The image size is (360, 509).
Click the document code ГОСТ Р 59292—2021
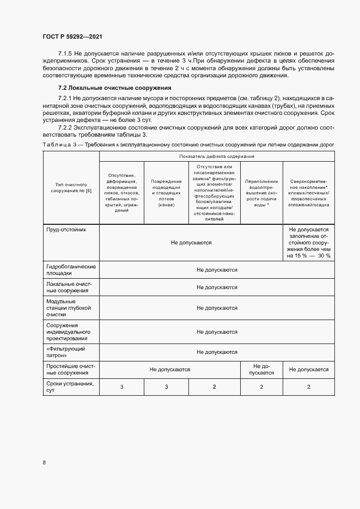point(72,36)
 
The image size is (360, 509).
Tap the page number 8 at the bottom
point(44,463)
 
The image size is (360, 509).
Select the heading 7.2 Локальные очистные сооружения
point(114,88)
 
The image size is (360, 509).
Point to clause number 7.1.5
point(65,53)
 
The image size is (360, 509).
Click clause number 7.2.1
point(66,97)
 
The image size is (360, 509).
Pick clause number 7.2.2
point(66,127)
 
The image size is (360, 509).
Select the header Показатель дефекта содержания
point(216,156)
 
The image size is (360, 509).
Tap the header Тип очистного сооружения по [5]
point(71,188)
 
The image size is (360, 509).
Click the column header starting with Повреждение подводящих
point(166,188)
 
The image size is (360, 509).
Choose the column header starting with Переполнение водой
point(261,188)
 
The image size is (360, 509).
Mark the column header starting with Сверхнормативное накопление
point(309,188)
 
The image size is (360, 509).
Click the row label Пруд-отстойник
point(66,230)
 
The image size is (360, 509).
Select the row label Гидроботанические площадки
point(71,270)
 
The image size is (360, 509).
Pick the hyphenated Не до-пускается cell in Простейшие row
point(261,369)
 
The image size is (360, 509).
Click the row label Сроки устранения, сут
point(70,387)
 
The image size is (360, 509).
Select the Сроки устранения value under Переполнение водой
point(261,387)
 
